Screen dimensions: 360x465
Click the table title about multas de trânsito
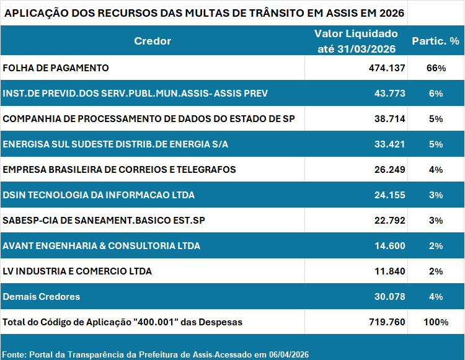[x=204, y=13]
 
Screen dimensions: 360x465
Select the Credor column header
[x=153, y=41]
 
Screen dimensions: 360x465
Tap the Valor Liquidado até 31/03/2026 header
[x=356, y=41]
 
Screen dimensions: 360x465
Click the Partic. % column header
[x=435, y=41]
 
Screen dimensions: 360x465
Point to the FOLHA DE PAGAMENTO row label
[x=56, y=68]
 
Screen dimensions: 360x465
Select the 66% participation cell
[x=435, y=68]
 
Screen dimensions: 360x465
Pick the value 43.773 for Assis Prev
[x=389, y=94]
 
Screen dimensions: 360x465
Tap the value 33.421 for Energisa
[x=389, y=144]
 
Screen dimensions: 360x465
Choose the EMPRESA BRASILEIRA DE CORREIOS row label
[x=119, y=169]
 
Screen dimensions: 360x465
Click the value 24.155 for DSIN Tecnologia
[x=389, y=195]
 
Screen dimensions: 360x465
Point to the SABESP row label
[x=104, y=220]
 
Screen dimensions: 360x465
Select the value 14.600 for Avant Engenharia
[x=389, y=246]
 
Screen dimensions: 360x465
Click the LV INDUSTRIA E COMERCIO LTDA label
[x=77, y=271]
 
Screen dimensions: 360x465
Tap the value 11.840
[x=389, y=271]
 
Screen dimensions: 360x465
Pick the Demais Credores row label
[x=42, y=297]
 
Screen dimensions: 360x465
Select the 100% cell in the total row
[x=435, y=322]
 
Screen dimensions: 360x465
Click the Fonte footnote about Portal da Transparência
[x=155, y=354]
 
